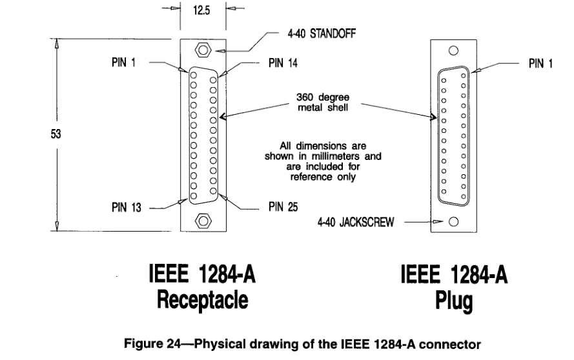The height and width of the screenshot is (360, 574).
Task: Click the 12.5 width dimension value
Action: coord(201,10)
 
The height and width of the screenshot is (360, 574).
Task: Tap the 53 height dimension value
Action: coord(56,134)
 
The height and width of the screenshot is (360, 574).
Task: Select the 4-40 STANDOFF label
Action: coord(322,34)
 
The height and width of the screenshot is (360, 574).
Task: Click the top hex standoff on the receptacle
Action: coord(203,50)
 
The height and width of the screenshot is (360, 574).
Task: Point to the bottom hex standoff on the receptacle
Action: coord(203,221)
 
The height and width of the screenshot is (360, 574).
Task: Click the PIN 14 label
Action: coord(283,63)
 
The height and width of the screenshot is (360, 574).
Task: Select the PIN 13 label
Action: coord(127,208)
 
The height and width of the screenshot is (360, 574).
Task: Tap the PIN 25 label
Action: coord(283,206)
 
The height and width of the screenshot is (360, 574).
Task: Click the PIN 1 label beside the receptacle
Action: coord(124,62)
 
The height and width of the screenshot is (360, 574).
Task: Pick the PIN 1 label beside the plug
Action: coord(540,63)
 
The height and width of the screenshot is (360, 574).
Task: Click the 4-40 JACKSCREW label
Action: coord(356,222)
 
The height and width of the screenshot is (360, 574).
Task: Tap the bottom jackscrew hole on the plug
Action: coord(453,221)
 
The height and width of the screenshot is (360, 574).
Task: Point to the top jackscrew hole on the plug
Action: coord(453,50)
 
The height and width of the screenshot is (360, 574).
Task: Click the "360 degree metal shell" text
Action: coord(323,103)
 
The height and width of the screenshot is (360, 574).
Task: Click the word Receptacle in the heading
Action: coord(203,301)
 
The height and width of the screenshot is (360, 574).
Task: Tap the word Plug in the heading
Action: coord(454,301)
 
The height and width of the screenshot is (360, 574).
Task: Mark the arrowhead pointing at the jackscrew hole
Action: coord(438,221)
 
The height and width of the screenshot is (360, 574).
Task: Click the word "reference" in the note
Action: coord(310,177)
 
